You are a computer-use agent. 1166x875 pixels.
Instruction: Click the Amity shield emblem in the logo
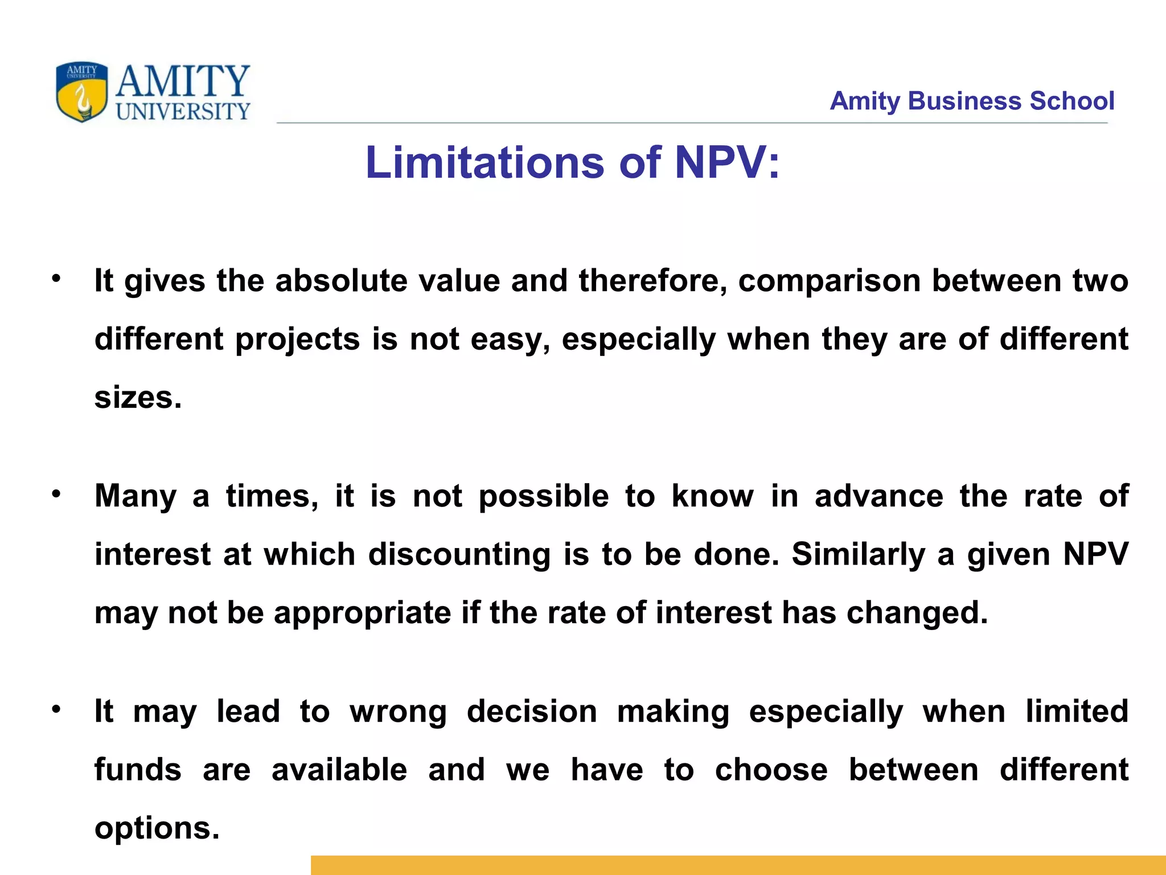[x=81, y=92]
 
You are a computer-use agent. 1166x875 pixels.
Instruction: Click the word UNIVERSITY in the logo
[x=183, y=112]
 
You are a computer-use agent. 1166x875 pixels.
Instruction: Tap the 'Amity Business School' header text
[x=971, y=101]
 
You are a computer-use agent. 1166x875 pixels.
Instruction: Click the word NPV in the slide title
[x=720, y=163]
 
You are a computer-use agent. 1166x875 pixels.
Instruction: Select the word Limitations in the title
[x=485, y=163]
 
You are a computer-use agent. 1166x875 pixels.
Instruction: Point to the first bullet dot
[x=56, y=279]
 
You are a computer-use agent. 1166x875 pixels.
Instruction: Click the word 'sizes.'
[x=138, y=398]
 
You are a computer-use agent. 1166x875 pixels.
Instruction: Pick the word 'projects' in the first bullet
[x=297, y=340]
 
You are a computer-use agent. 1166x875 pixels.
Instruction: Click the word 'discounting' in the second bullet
[x=459, y=555]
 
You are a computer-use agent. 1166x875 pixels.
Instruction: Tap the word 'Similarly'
[x=859, y=555]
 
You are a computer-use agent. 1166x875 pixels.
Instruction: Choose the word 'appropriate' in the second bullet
[x=362, y=614]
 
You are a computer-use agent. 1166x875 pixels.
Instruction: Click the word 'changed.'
[x=917, y=614]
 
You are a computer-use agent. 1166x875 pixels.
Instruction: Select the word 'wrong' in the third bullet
[x=399, y=712]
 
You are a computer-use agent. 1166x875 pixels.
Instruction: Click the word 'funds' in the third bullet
[x=138, y=770]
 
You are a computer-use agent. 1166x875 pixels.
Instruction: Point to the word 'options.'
[x=157, y=829]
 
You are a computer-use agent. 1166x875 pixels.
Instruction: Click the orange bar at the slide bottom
[x=738, y=865]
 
